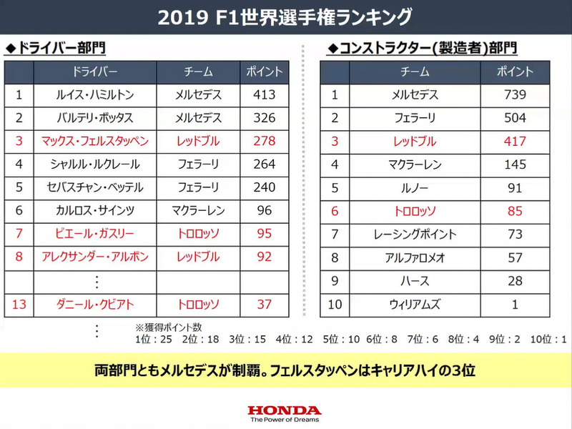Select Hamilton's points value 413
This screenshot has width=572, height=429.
[x=264, y=94]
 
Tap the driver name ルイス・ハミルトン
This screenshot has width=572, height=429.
[x=95, y=94]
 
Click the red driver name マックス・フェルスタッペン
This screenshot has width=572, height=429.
[x=95, y=141]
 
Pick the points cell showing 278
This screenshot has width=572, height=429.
[x=264, y=141]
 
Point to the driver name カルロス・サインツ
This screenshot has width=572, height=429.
[x=95, y=211]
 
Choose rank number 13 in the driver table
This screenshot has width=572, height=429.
[x=19, y=304]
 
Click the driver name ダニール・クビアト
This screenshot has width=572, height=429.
[x=95, y=304]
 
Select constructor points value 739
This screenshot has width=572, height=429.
[x=515, y=94]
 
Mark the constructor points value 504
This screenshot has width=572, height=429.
[x=515, y=117]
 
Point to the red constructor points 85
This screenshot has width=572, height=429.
[x=515, y=211]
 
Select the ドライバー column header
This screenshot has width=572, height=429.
[x=95, y=71]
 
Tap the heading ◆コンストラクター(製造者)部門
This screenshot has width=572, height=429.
[x=422, y=48]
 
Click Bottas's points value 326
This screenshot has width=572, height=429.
[x=264, y=117]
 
